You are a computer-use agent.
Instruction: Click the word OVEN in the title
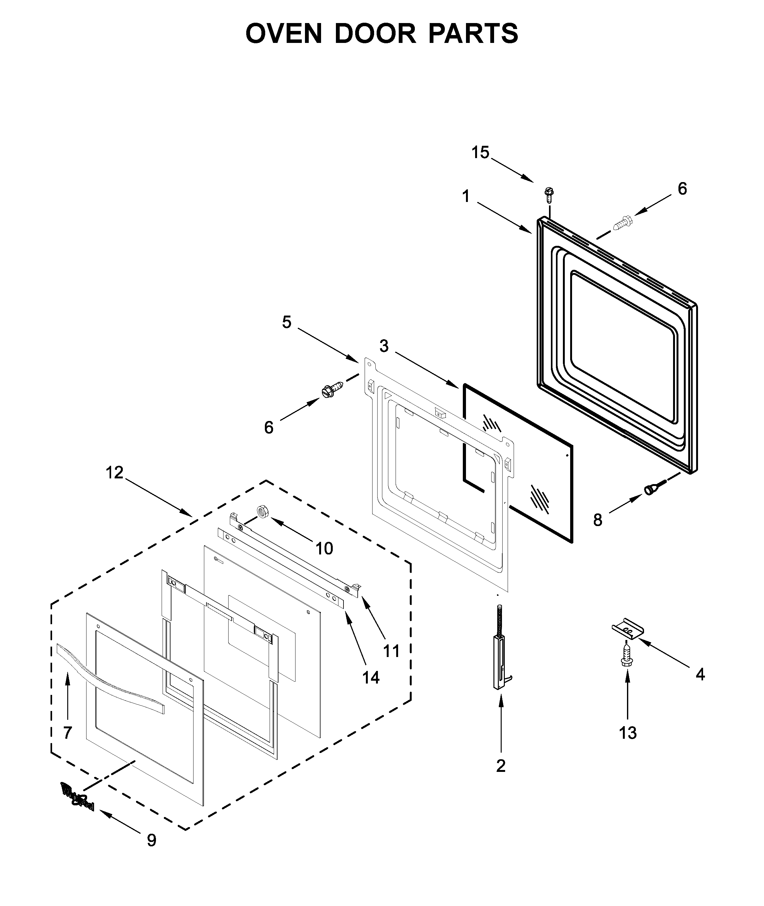284,33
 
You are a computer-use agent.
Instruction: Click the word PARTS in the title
473,33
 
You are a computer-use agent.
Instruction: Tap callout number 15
480,153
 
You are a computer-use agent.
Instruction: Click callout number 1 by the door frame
466,197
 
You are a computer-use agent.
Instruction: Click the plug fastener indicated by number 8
651,489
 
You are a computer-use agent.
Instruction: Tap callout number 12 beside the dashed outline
115,473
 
